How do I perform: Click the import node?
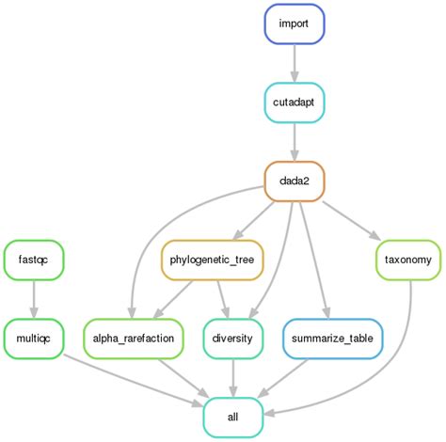click(295, 24)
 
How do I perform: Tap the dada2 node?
click(295, 180)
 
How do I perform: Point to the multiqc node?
click(34, 337)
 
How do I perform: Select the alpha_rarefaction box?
click(133, 337)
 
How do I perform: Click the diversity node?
click(232, 337)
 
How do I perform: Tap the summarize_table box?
click(327, 337)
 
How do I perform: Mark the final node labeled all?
click(232, 416)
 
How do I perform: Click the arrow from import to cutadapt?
click(295, 62)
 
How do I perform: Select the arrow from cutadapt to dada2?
click(295, 140)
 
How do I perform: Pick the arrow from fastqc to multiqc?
click(34, 297)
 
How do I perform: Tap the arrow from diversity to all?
click(232, 376)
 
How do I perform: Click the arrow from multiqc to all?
click(132, 381)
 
